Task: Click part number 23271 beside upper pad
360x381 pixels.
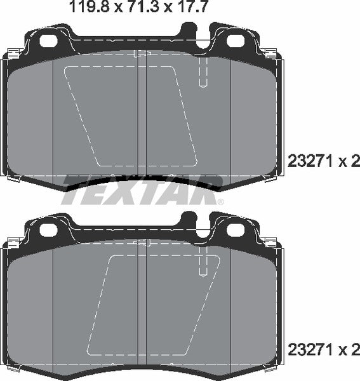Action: point(310,162)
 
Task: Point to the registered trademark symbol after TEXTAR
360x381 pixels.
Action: point(220,202)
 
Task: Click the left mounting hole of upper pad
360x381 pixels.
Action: point(48,41)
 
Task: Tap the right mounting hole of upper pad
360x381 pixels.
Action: point(235,41)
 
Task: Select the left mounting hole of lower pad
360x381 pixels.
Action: point(48,229)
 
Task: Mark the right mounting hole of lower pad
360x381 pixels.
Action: point(235,229)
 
